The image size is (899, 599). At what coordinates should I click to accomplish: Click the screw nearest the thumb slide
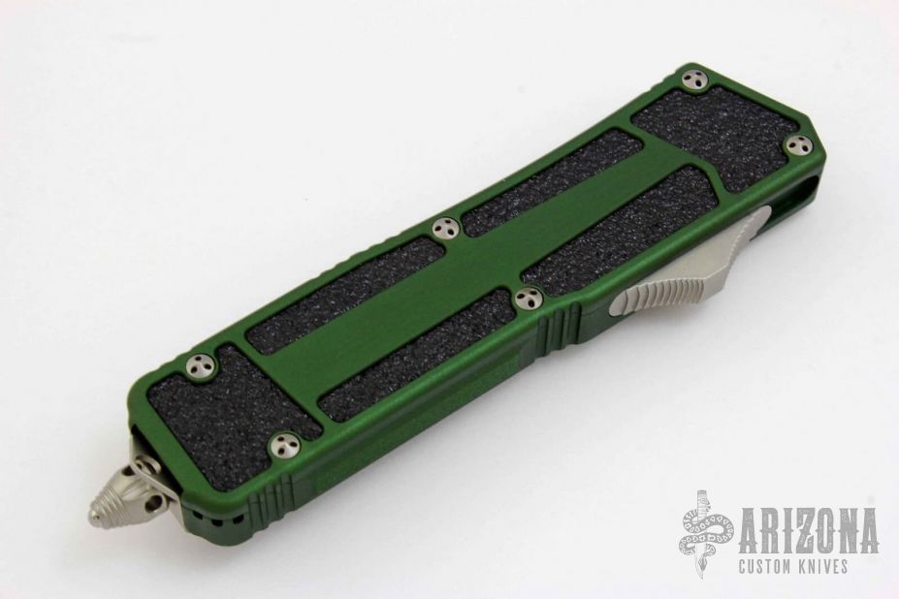tap(528, 299)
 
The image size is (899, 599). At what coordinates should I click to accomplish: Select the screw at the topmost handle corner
tap(693, 80)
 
